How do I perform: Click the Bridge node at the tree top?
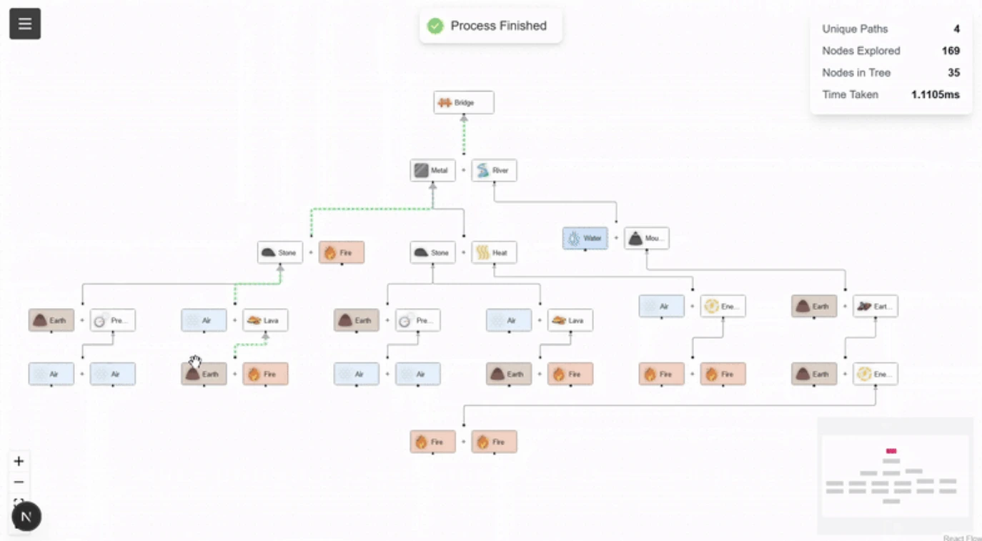[x=463, y=103]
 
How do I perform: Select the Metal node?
[x=432, y=171]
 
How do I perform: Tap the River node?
[x=494, y=171]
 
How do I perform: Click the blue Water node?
[x=585, y=239]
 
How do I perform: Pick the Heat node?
[x=494, y=252]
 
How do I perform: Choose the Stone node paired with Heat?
[x=432, y=252]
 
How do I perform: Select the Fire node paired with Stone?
[x=341, y=252]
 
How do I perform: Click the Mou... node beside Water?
[x=647, y=239]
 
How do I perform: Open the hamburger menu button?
[x=25, y=24]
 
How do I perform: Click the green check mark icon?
[x=435, y=26]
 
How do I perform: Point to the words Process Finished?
[x=498, y=26]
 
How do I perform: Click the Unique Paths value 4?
[x=956, y=29]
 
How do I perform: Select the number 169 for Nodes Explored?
[x=951, y=51]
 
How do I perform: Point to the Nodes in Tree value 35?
[x=953, y=73]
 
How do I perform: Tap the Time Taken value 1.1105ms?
[x=935, y=94]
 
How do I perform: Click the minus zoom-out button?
[x=19, y=482]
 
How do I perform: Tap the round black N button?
[x=26, y=516]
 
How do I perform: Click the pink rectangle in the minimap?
[x=891, y=452]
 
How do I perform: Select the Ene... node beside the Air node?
[x=723, y=307]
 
